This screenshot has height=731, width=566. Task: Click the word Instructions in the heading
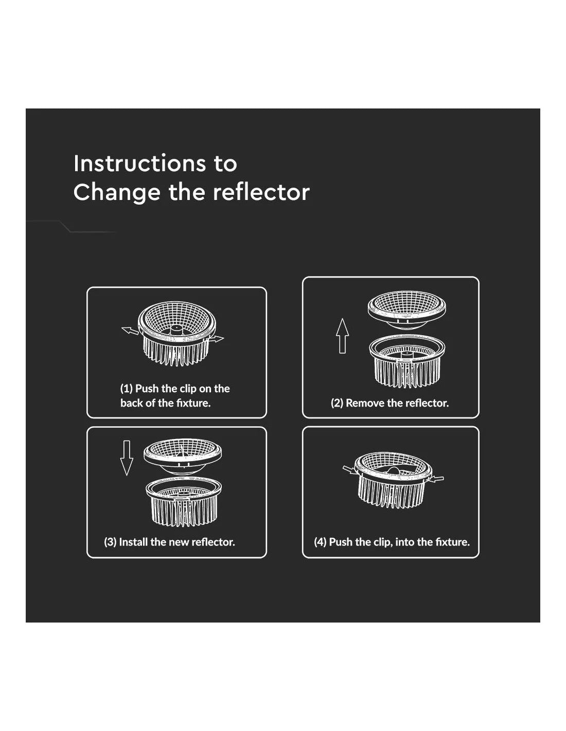pyautogui.click(x=139, y=163)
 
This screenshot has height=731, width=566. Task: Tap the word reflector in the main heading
pyautogui.click(x=261, y=192)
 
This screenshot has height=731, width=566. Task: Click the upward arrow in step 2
pyautogui.click(x=342, y=336)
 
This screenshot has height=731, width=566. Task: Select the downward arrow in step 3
pyautogui.click(x=127, y=458)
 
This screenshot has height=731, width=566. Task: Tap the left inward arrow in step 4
pyautogui.click(x=350, y=470)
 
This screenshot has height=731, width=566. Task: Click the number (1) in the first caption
pyautogui.click(x=126, y=389)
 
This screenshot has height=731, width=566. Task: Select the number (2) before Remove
pyautogui.click(x=337, y=403)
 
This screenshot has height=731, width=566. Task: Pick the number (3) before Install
pyautogui.click(x=111, y=542)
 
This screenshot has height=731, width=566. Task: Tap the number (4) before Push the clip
pyautogui.click(x=320, y=542)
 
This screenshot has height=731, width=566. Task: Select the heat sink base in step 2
pyautogui.click(x=407, y=361)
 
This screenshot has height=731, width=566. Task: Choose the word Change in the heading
pyautogui.click(x=117, y=192)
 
